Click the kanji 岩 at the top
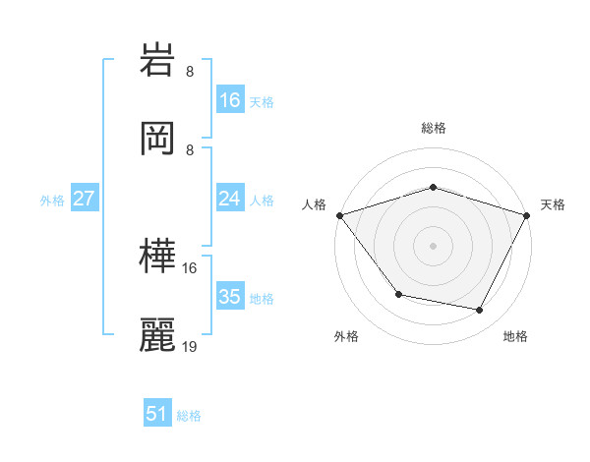(158, 62)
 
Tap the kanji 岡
(158, 139)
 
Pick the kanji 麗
(158, 335)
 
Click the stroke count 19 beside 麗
(190, 346)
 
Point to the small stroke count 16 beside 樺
(190, 267)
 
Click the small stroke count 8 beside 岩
(190, 71)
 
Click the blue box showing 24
(229, 199)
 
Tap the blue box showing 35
(229, 297)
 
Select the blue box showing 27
(84, 199)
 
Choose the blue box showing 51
(157, 414)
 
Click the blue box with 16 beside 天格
(229, 100)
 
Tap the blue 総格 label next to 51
(189, 416)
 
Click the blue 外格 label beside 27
(52, 200)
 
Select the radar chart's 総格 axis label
(433, 128)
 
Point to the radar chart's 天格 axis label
(553, 204)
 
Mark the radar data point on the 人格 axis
(339, 215)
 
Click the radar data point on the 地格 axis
(480, 311)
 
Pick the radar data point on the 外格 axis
(398, 294)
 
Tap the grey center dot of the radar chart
(433, 245)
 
